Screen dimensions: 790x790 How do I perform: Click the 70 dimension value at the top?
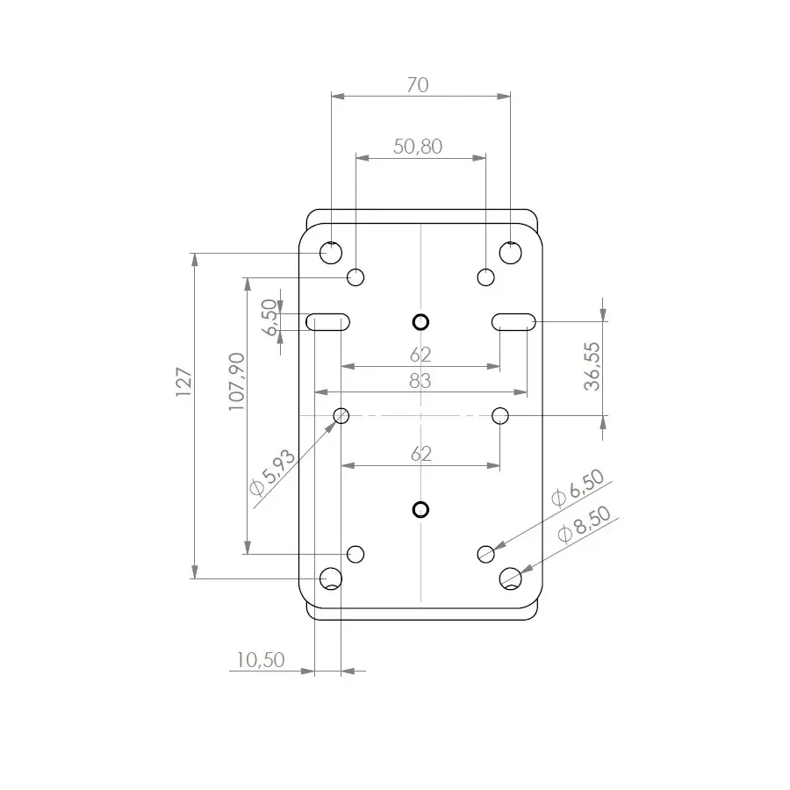pos(418,85)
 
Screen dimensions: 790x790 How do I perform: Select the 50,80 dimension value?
pos(418,147)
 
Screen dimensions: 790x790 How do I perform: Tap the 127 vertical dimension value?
pos(183,383)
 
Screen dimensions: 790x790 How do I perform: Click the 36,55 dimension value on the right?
pos(593,366)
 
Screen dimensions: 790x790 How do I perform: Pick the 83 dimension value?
pos(420,380)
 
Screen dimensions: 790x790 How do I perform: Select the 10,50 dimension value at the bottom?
pos(261,659)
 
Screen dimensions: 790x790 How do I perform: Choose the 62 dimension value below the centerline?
pos(420,453)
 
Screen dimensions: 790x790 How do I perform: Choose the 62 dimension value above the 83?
pos(420,354)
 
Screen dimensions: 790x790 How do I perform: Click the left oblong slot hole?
pos(328,321)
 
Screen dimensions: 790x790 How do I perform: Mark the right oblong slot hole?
pos(513,321)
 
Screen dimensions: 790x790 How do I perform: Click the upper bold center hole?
pos(420,321)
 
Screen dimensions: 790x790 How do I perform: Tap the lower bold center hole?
pos(420,509)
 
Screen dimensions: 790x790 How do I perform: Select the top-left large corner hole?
pos(331,253)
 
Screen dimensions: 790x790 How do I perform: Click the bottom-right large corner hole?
pos(511,578)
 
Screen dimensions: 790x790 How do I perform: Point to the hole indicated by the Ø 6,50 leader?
pos(486,553)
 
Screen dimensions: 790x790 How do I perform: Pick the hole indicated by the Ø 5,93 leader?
pos(341,414)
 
